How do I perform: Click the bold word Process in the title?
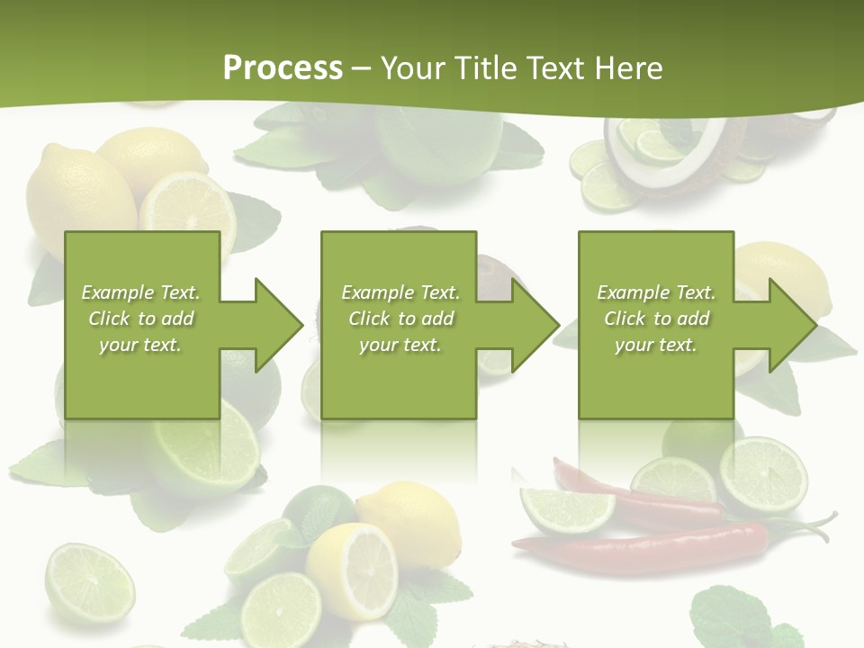point(283,68)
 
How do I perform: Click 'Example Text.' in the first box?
point(141,292)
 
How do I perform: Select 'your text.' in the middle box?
point(400,345)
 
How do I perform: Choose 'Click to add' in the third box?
point(657,319)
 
